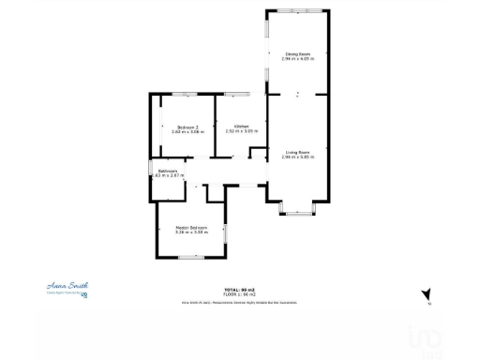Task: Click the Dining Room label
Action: coord(298,53)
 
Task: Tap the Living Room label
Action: coord(298,151)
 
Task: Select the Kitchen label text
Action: coord(241,126)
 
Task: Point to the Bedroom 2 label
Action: coord(187,127)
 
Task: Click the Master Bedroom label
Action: coord(190,228)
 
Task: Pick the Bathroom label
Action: coord(168,171)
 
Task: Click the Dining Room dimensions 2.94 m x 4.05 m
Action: coord(298,59)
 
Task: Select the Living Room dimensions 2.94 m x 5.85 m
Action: coord(298,157)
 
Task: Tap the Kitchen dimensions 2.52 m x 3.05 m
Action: coord(241,131)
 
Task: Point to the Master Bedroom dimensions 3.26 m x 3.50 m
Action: coord(190,233)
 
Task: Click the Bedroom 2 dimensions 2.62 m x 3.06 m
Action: coord(187,132)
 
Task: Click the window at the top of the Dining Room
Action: coord(298,10)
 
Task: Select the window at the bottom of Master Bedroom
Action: coord(192,258)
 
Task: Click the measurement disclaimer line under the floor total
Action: coord(240,303)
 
